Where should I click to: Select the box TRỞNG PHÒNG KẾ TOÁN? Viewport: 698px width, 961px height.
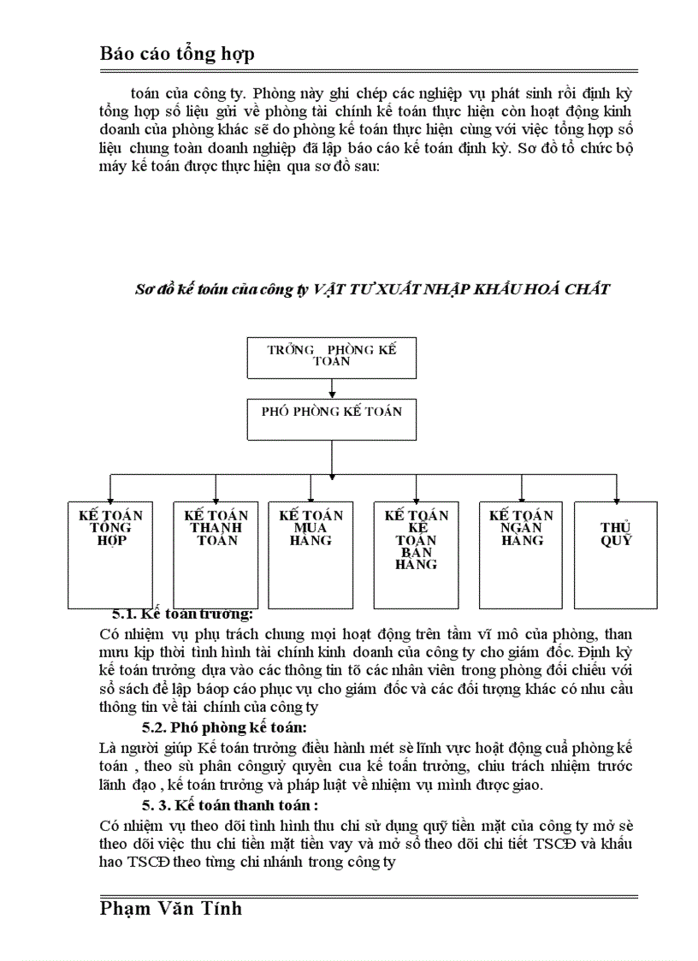click(331, 357)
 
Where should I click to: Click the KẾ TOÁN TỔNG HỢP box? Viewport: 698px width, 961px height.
click(110, 554)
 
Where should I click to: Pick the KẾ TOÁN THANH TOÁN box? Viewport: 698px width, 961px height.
click(216, 554)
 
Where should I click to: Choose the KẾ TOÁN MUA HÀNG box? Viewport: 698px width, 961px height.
click(311, 554)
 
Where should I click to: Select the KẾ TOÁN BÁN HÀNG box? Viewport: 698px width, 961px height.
click(416, 554)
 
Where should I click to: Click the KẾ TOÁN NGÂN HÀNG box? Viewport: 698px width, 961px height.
click(521, 554)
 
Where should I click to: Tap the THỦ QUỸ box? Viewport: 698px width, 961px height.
click(616, 554)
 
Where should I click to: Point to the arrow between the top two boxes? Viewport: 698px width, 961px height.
click(331, 389)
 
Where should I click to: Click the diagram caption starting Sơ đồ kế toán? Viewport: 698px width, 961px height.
click(372, 289)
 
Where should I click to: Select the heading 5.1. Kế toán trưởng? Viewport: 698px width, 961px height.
click(183, 614)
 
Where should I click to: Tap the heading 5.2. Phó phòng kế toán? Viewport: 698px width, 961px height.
click(224, 727)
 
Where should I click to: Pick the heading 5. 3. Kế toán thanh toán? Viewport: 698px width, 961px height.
click(230, 805)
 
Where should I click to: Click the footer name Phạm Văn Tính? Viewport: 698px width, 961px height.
click(171, 908)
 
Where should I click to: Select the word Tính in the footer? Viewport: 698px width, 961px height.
click(221, 908)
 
